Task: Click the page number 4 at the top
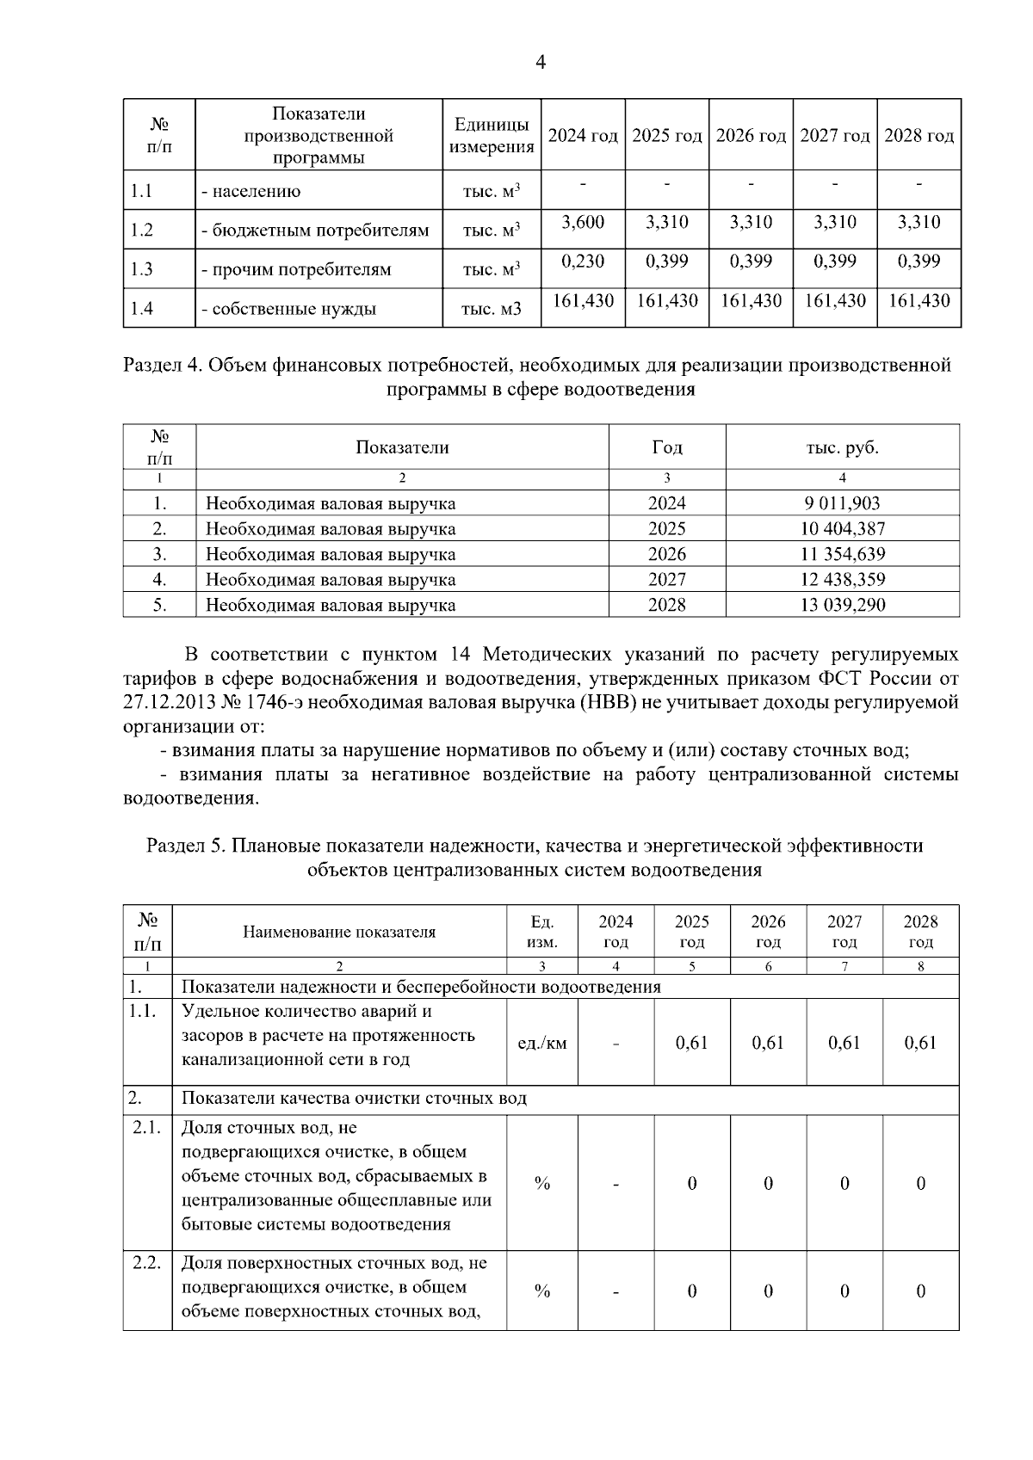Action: [x=541, y=62]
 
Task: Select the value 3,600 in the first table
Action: [x=583, y=222]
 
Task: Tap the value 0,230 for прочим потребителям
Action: [x=583, y=262]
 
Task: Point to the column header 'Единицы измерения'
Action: [x=492, y=135]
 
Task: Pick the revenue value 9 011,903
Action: [x=842, y=503]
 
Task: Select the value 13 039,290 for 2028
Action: [x=842, y=605]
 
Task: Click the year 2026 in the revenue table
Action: [x=666, y=554]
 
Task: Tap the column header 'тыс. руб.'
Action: [x=842, y=447]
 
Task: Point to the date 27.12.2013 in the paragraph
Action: [x=168, y=702]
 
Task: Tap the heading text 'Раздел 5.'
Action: [x=186, y=846]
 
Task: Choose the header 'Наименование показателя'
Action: [x=339, y=932]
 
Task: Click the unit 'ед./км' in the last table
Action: [x=541, y=1044]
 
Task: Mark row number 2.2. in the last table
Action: [x=147, y=1263]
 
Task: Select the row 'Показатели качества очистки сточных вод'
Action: [x=354, y=1099]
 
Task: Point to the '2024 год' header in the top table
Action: [x=583, y=136]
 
